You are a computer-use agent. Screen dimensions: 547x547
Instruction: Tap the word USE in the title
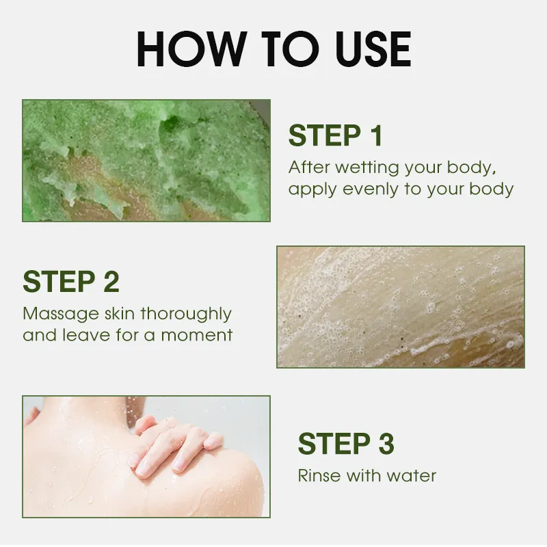tap(373, 49)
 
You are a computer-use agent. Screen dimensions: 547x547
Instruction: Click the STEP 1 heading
tap(336, 135)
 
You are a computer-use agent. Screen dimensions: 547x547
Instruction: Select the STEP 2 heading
tap(71, 281)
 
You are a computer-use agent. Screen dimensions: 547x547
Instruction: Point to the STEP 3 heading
tap(346, 443)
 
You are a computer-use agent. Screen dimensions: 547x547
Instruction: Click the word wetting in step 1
tap(367, 168)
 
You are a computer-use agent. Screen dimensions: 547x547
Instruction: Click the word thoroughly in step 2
tap(185, 314)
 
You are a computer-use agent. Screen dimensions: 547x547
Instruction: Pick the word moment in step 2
tap(196, 336)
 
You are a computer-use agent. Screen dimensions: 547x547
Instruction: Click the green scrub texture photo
tap(146, 161)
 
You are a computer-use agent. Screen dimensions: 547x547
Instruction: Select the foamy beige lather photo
tap(401, 307)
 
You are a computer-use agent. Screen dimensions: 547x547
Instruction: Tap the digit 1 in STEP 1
tap(377, 135)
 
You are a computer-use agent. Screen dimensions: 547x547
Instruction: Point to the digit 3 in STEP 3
tap(386, 443)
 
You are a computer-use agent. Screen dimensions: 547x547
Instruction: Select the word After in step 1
tap(309, 168)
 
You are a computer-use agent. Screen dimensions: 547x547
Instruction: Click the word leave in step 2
tap(87, 335)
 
